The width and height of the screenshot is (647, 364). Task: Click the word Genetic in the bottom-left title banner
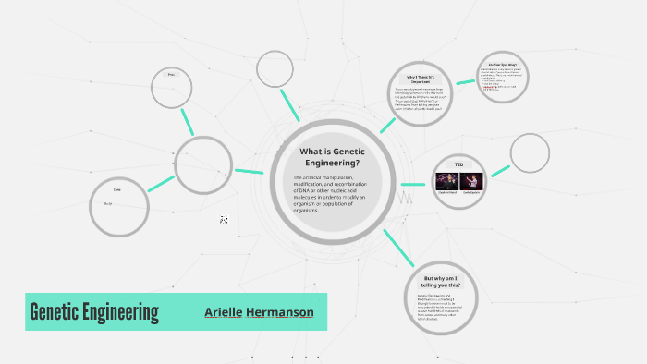57,312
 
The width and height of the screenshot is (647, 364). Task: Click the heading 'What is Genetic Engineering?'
330,157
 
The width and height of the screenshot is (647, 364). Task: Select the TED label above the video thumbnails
459,165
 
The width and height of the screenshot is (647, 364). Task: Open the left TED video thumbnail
447,182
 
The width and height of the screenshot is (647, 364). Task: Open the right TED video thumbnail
471,182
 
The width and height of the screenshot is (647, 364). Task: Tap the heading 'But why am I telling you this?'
448,282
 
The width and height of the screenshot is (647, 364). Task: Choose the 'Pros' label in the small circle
171,74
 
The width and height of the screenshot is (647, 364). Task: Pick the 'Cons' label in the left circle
116,190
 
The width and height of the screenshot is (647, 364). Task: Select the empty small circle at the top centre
275,69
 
